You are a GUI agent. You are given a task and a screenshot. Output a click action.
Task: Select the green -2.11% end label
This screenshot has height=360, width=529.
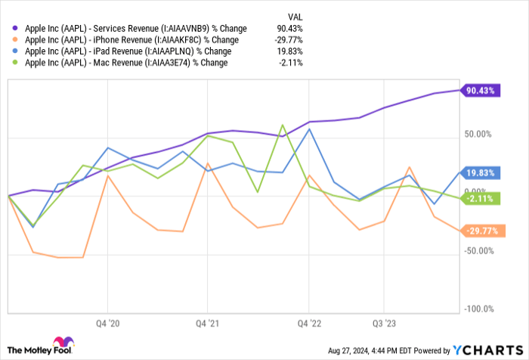point(479,199)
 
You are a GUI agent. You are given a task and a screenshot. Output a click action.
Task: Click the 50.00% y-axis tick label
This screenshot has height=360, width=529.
point(478,135)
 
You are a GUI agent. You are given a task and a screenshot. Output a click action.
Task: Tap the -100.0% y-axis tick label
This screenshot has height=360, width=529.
point(478,309)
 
